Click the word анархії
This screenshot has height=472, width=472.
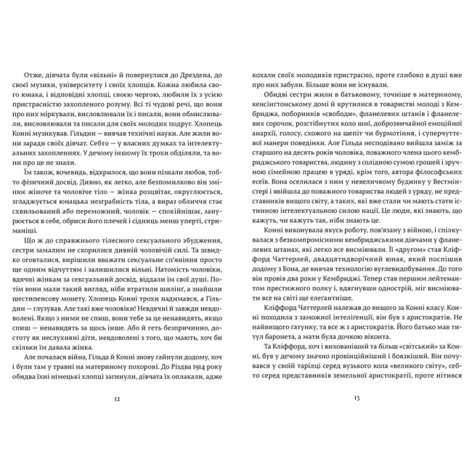point(260,153)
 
